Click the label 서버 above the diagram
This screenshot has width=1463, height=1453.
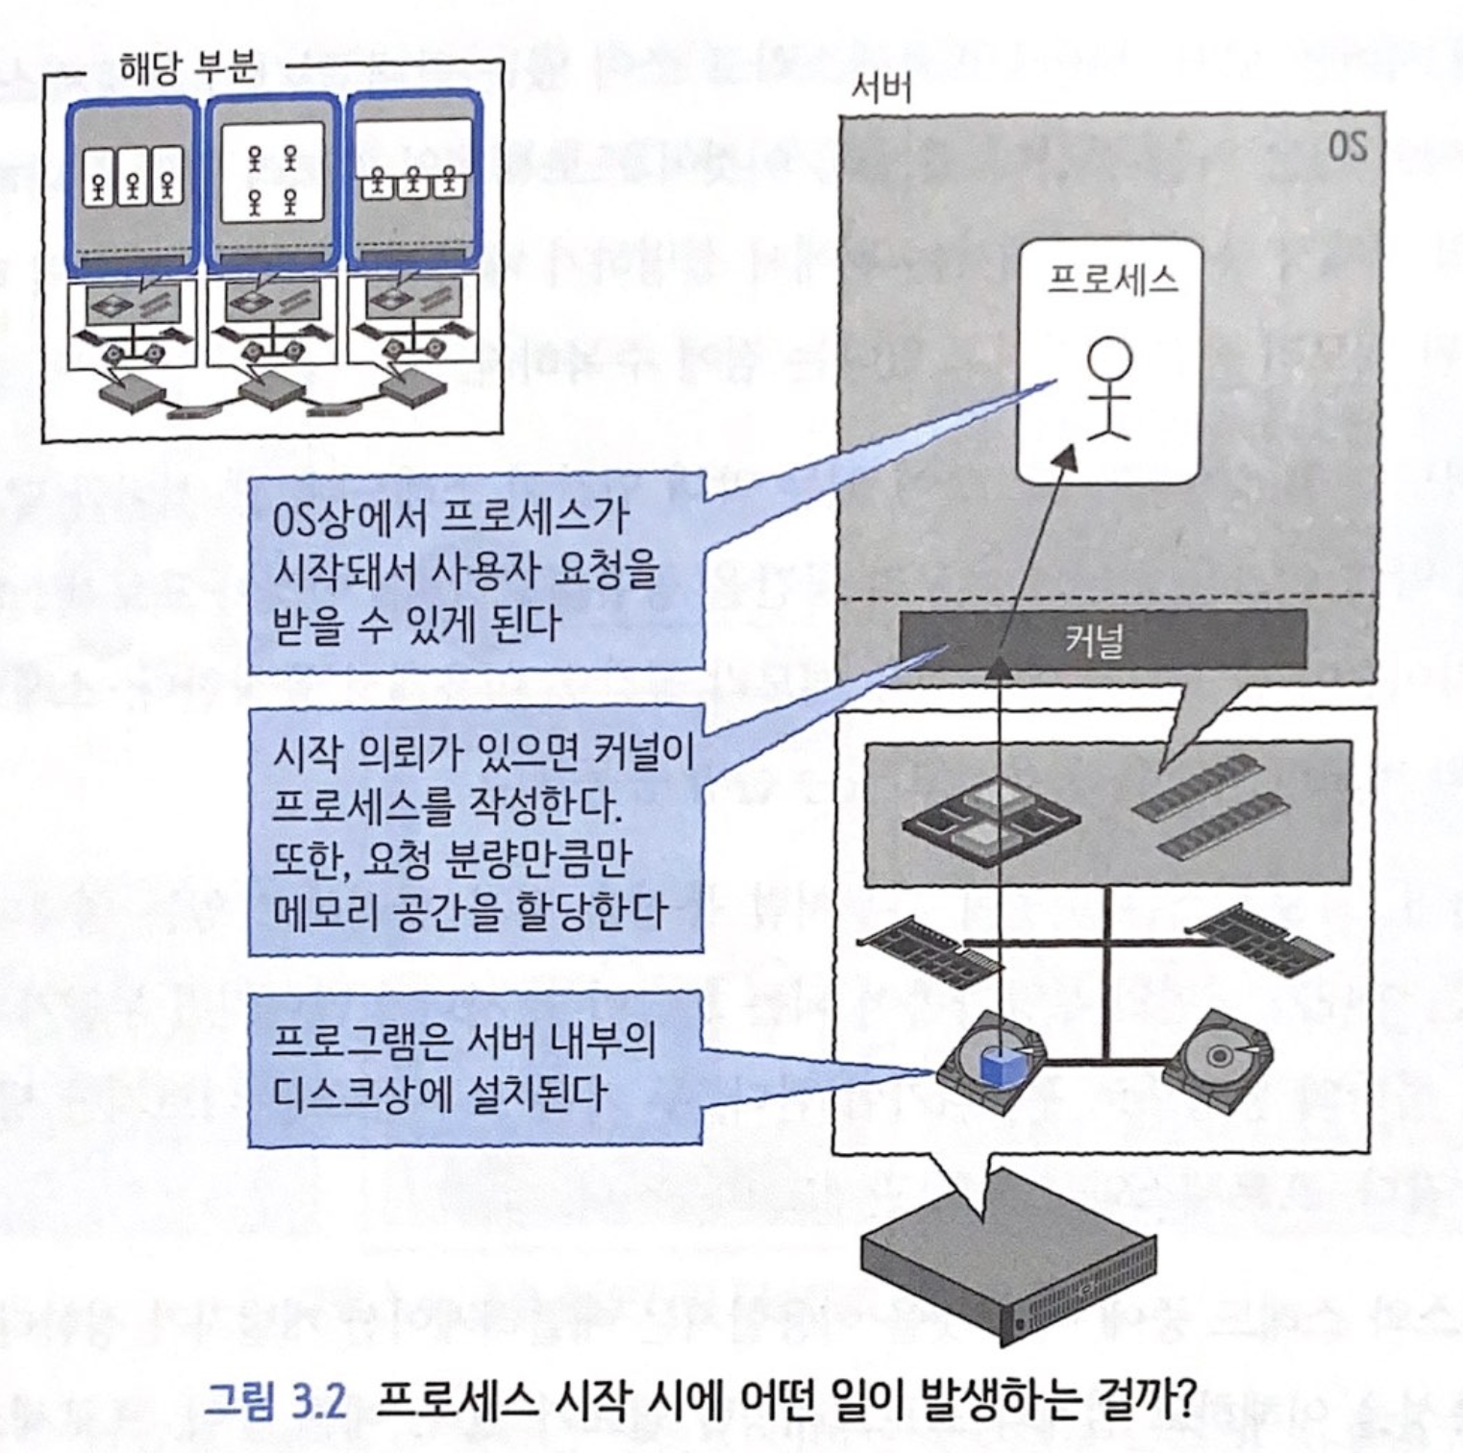[x=880, y=90]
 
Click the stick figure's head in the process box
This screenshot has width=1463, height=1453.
[x=1109, y=359]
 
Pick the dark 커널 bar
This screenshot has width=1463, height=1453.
[x=1103, y=640]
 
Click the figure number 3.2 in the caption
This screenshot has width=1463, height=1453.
[x=316, y=1404]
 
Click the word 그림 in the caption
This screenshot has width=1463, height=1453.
[x=240, y=1404]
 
